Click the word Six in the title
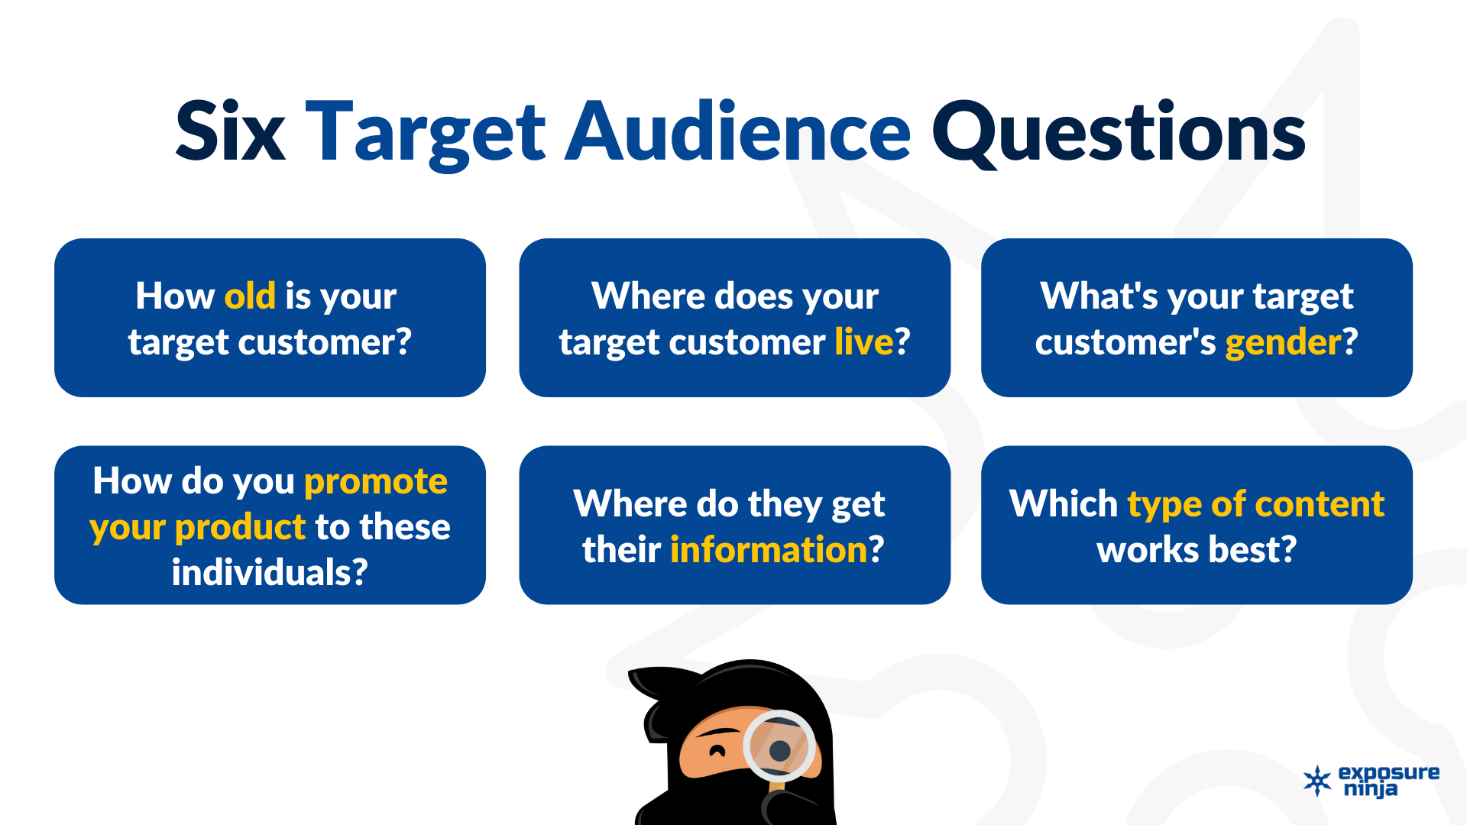coord(230,131)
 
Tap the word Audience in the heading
coord(737,131)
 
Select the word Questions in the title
coord(1119,134)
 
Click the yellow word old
coord(250,296)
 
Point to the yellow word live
coord(863,341)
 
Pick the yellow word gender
coord(1283,344)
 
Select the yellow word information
coord(769,549)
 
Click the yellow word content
coord(1320,504)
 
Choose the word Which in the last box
coord(1064,503)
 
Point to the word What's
coord(1099,296)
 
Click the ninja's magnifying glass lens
coord(779,747)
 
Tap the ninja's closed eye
coord(717,750)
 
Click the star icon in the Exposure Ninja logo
coord(1317,781)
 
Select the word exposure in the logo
coord(1389,772)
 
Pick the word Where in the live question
coord(643,296)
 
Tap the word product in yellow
coord(240,528)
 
